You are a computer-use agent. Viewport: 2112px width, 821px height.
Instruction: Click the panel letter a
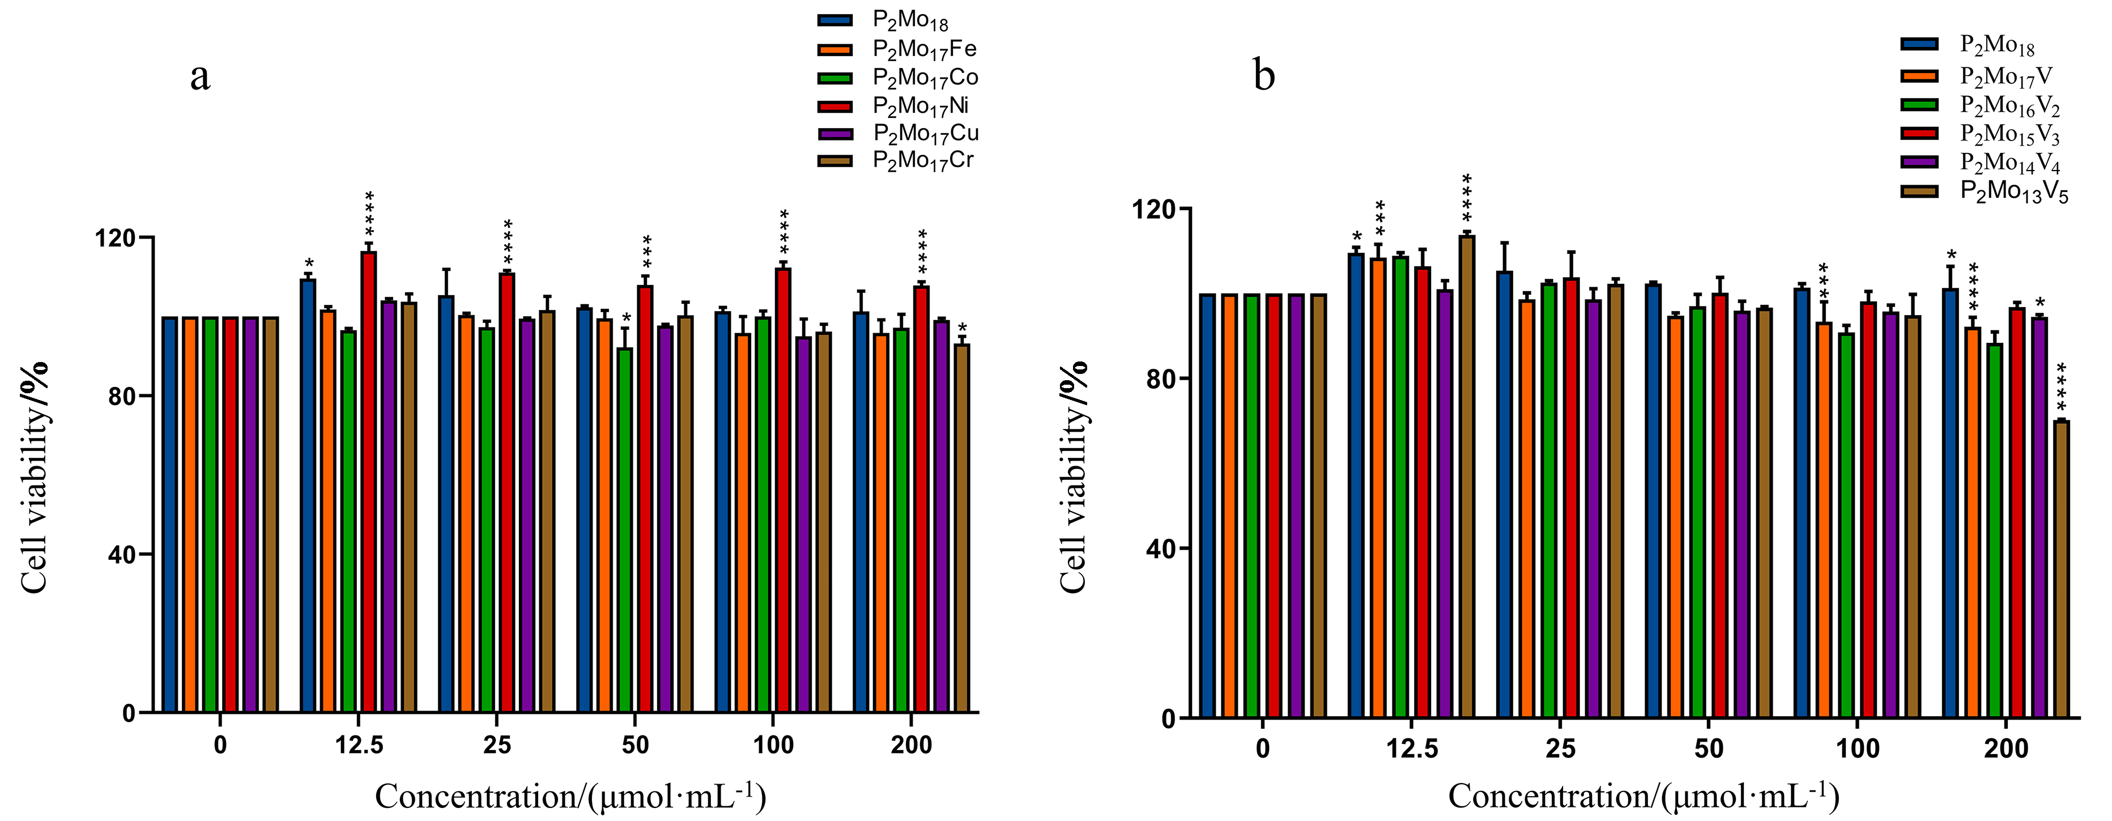click(200, 76)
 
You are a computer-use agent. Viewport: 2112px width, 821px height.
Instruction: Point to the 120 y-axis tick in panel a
click(115, 238)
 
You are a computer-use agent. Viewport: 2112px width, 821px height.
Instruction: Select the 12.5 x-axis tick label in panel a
click(359, 746)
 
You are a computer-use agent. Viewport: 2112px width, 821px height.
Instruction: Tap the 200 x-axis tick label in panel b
click(2005, 749)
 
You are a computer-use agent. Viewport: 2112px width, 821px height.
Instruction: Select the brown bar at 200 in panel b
click(2061, 569)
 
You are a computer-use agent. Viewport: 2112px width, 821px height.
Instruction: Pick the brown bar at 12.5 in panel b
click(1467, 477)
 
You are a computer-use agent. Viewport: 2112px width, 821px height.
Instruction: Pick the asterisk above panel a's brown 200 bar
click(963, 328)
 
